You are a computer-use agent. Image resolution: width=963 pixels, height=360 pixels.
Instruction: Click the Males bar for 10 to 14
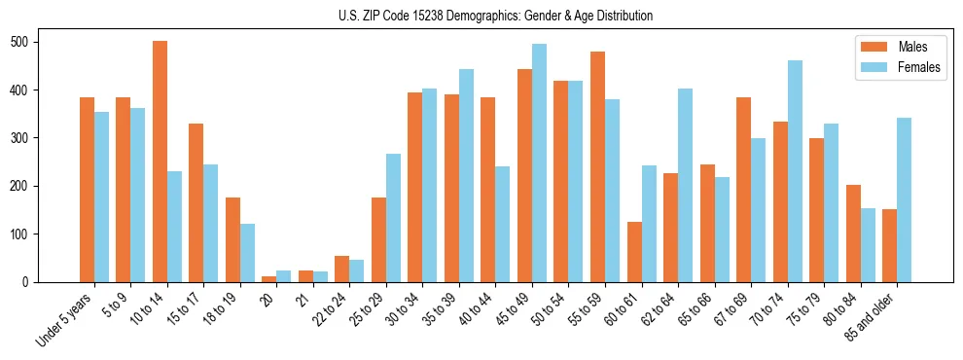pyautogui.click(x=160, y=162)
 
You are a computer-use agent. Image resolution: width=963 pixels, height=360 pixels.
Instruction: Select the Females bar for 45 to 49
pyautogui.click(x=539, y=162)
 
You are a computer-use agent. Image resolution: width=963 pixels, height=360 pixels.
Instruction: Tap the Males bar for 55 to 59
pyautogui.click(x=597, y=166)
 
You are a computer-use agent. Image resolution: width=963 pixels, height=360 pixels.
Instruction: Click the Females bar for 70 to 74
pyautogui.click(x=795, y=171)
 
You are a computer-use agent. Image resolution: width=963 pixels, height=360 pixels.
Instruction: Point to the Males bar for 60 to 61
pyautogui.click(x=634, y=252)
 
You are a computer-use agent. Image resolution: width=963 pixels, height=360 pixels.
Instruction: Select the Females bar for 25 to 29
pyautogui.click(x=393, y=218)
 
